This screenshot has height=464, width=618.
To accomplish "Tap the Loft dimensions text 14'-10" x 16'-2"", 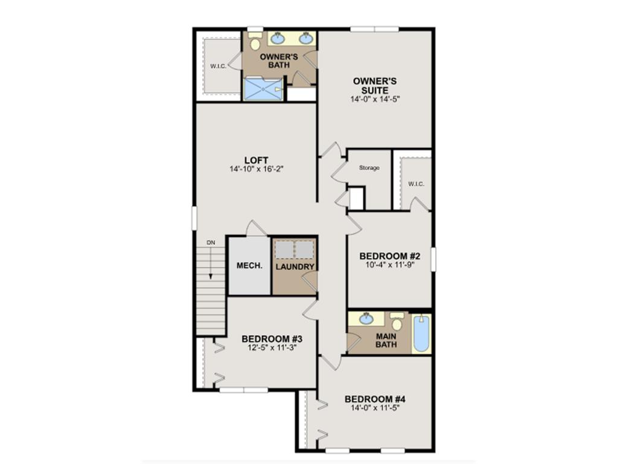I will pyautogui.click(x=256, y=169).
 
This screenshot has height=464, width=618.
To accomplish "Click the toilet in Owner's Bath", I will pyautogui.click(x=255, y=42).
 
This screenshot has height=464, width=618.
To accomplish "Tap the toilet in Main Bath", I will pyautogui.click(x=397, y=321).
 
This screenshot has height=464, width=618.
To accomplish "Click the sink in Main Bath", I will pyautogui.click(x=366, y=318).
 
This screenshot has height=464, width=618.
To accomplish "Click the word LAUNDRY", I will pyautogui.click(x=295, y=266).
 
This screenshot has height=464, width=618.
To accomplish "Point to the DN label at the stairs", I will pyautogui.click(x=211, y=242).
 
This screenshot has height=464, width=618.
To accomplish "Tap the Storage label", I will pyautogui.click(x=369, y=168).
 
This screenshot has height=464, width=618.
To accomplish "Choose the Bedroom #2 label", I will pyautogui.click(x=389, y=256).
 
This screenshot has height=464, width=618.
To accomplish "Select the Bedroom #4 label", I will pyautogui.click(x=374, y=399).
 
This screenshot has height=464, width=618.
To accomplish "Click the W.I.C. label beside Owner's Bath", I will pyautogui.click(x=218, y=66).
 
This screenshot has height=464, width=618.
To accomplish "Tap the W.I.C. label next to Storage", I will pyautogui.click(x=416, y=184).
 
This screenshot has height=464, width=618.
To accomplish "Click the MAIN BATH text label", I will pyautogui.click(x=386, y=340).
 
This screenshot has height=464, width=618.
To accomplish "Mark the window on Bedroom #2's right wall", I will pyautogui.click(x=433, y=258).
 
